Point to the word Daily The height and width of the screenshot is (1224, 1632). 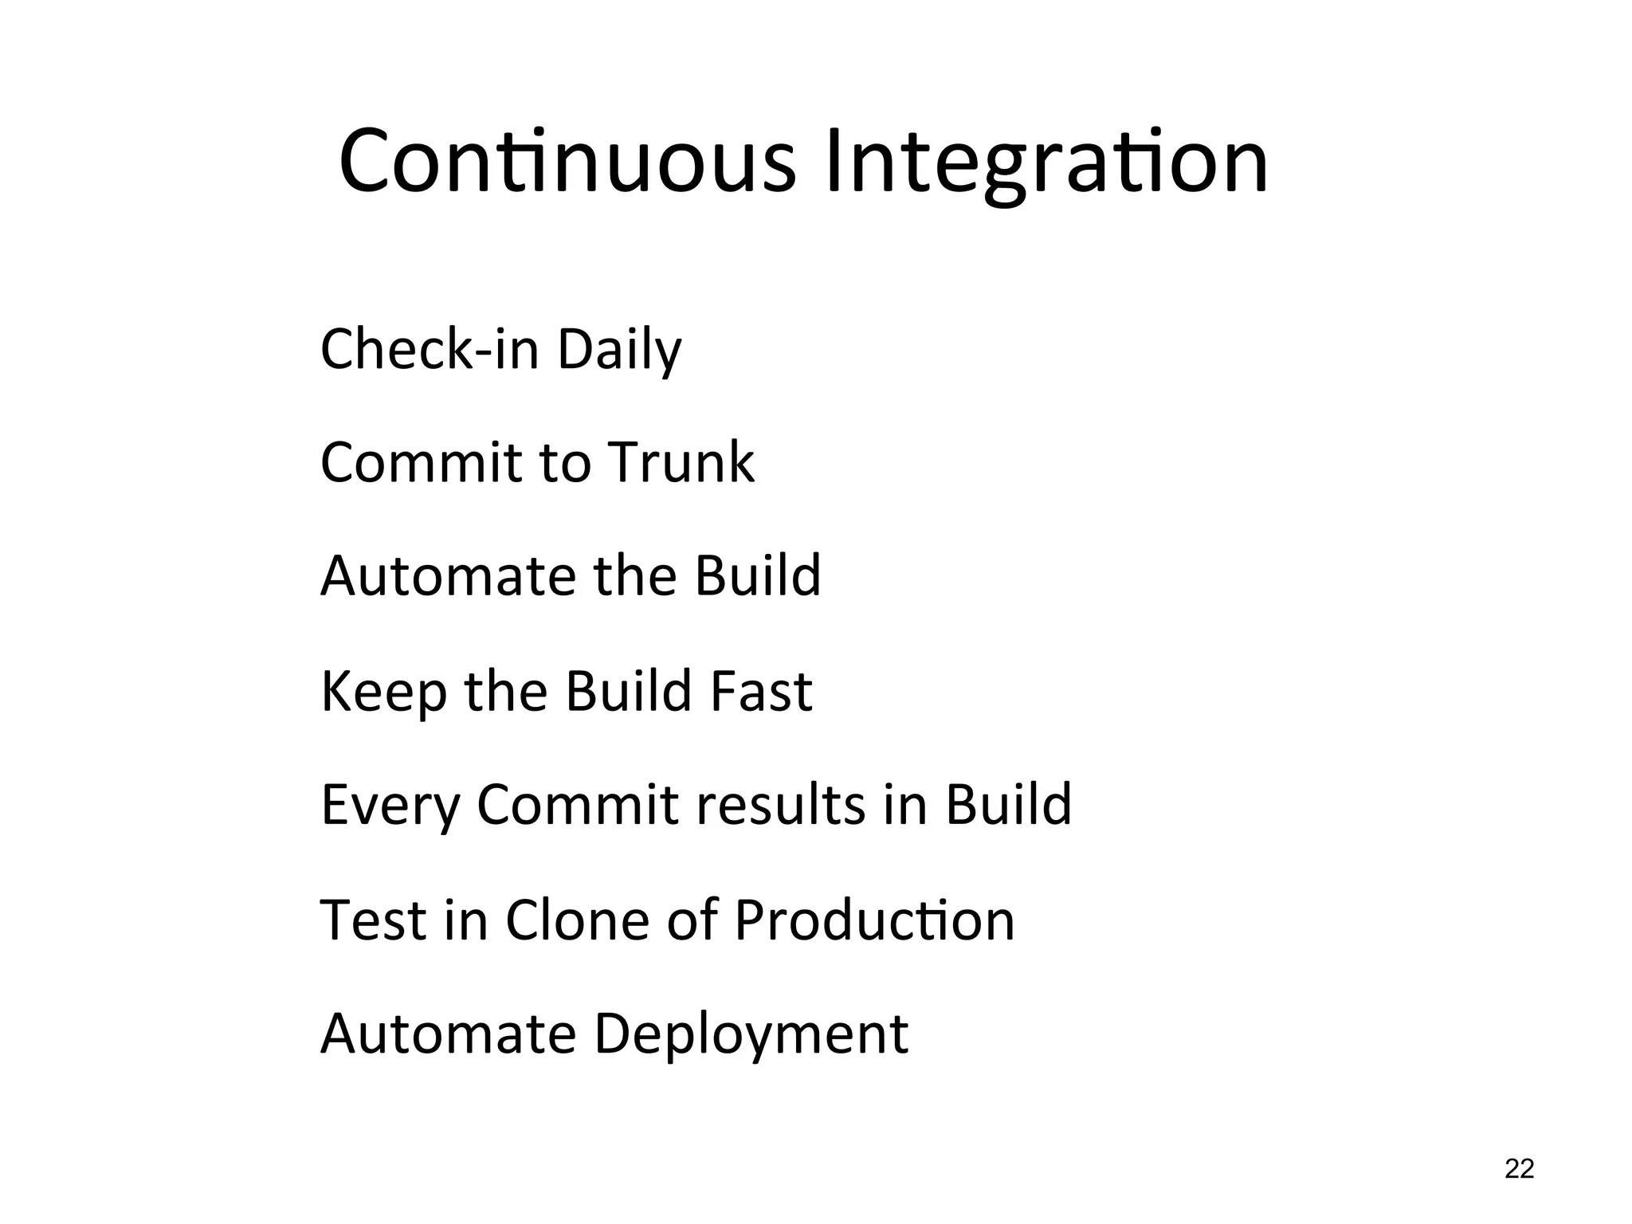pyautogui.click(x=619, y=351)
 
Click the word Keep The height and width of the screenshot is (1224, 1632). pyautogui.click(x=383, y=691)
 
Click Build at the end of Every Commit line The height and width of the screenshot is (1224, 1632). pyautogui.click(x=1008, y=804)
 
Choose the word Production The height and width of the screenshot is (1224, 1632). pyautogui.click(x=874, y=919)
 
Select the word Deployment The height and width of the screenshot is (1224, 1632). pyautogui.click(x=751, y=1034)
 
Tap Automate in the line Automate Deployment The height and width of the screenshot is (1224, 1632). pyautogui.click(x=448, y=1033)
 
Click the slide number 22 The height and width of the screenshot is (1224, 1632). pyautogui.click(x=1519, y=1169)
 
